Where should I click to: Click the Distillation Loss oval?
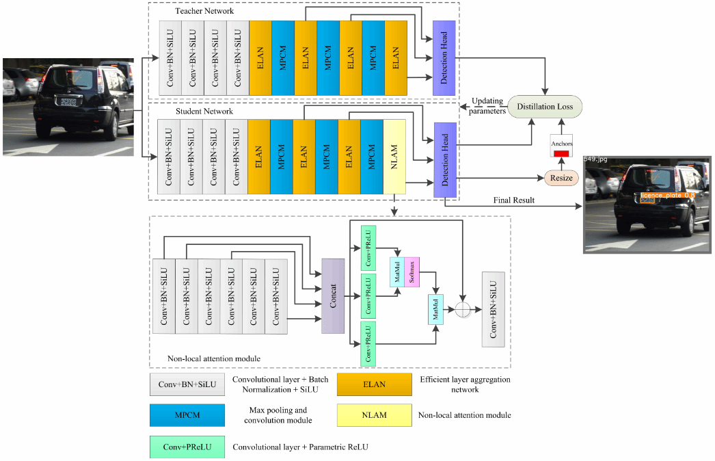pyautogui.click(x=545, y=106)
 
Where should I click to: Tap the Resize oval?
pyautogui.click(x=561, y=178)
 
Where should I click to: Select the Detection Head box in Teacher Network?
pyautogui.click(x=444, y=58)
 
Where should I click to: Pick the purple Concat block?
pyautogui.click(x=332, y=295)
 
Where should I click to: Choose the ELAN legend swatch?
pyautogui.click(x=374, y=384)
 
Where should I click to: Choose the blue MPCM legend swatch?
pyautogui.click(x=187, y=415)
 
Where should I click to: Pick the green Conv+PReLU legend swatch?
pyautogui.click(x=187, y=447)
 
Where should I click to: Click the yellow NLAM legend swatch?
pyautogui.click(x=374, y=415)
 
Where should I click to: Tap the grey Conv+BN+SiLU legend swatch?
pyautogui.click(x=187, y=384)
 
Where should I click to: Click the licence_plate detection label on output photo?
pyautogui.click(x=666, y=196)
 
